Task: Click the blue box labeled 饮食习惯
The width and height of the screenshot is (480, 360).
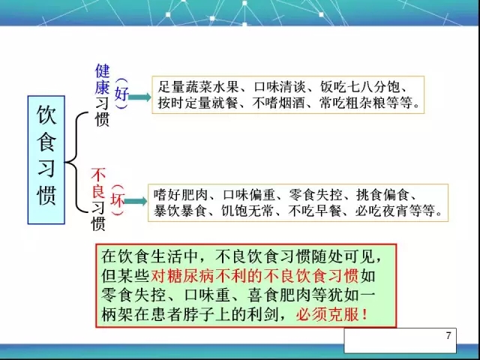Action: tap(46, 160)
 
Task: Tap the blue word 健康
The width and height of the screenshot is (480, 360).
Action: tap(102, 79)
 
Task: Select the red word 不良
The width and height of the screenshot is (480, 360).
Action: tap(98, 183)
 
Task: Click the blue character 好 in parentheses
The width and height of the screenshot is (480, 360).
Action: tap(121, 93)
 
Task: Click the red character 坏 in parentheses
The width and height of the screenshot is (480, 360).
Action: tap(118, 200)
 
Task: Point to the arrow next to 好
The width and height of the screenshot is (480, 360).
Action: tap(139, 97)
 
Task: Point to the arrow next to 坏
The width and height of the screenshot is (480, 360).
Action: tap(136, 201)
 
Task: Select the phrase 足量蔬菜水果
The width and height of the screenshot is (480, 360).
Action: tap(198, 87)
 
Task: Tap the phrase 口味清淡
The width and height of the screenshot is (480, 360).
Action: tap(280, 87)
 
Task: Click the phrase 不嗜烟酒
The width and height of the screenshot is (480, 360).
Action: tap(278, 103)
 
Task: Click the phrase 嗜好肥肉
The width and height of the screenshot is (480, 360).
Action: tap(181, 195)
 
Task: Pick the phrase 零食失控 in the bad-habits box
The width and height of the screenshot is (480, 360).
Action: tap(315, 195)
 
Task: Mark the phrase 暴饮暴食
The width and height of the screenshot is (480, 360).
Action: tap(180, 211)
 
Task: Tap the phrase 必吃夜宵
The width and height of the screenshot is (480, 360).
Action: tap(382, 211)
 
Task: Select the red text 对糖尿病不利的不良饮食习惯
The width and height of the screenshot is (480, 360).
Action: tap(255, 276)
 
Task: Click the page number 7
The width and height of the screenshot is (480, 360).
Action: tap(448, 335)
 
